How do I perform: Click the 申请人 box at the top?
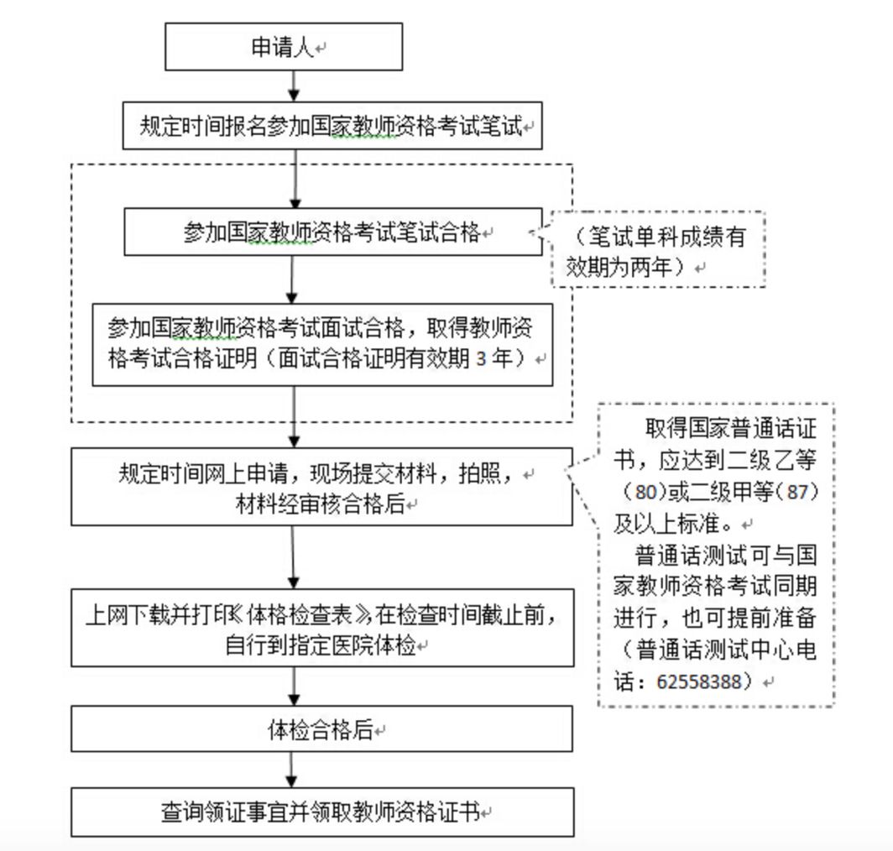[x=283, y=48]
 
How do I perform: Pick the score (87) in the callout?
[x=797, y=492]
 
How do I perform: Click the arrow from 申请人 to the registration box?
[x=292, y=86]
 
